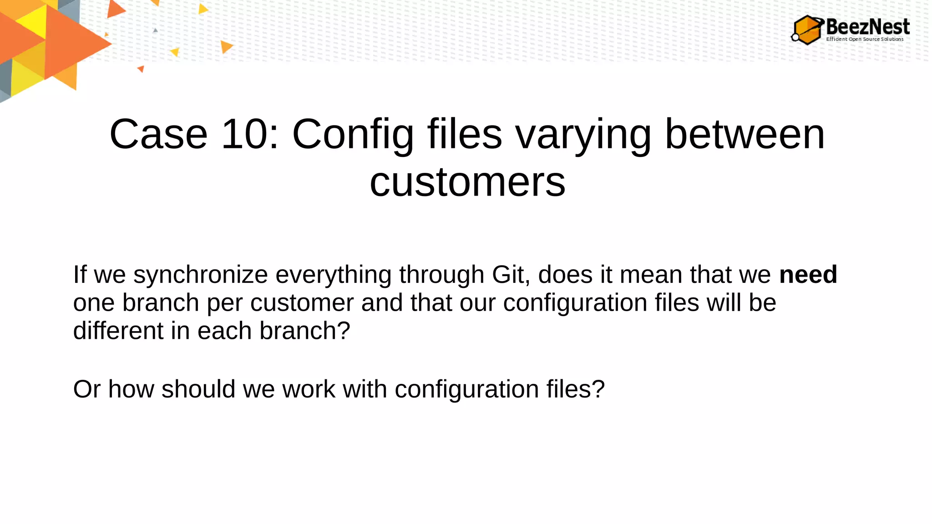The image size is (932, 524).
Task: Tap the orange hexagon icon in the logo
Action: pyautogui.click(x=807, y=30)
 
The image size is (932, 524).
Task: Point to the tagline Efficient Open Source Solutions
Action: pyautogui.click(x=865, y=39)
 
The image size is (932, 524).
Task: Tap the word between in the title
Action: pyautogui.click(x=745, y=134)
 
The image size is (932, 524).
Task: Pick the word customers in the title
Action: pyautogui.click(x=467, y=182)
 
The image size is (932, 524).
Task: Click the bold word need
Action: pyautogui.click(x=808, y=275)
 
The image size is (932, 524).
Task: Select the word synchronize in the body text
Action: pyautogui.click(x=200, y=275)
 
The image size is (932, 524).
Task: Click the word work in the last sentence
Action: pyautogui.click(x=309, y=389)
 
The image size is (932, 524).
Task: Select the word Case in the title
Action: pyautogui.click(x=158, y=134)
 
